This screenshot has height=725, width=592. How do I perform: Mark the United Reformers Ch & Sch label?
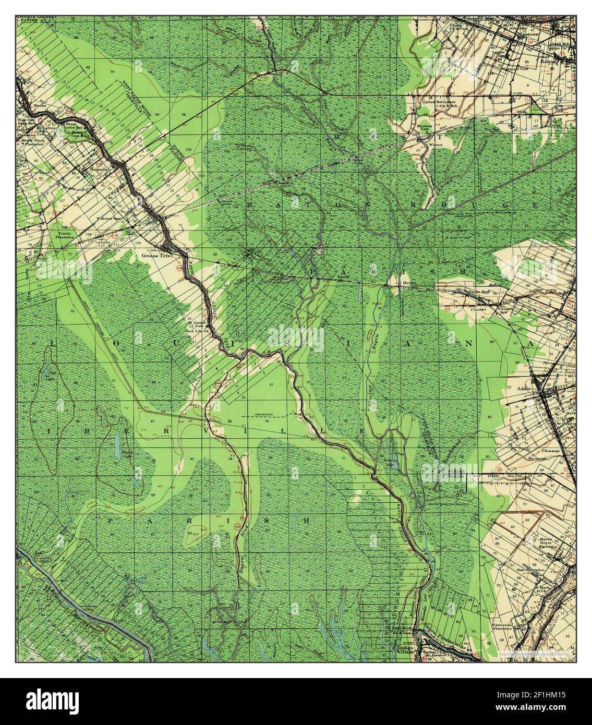(443, 102)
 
